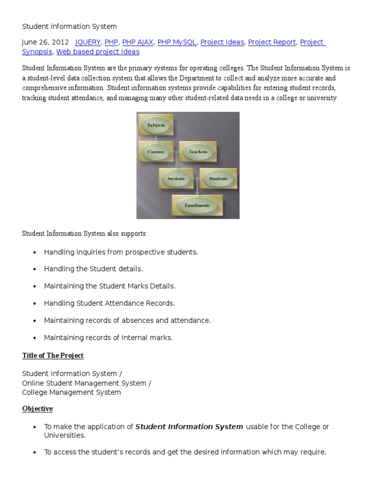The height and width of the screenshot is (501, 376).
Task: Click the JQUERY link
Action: click(88, 43)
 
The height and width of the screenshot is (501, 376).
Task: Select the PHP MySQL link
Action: click(177, 43)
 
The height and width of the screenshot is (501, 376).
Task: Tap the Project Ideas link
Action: click(222, 43)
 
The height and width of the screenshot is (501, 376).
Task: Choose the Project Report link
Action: click(272, 43)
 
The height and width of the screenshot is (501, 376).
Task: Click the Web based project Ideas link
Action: click(98, 52)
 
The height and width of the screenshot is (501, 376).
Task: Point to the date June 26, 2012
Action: click(45, 43)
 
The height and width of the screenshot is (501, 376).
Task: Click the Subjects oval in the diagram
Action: click(156, 125)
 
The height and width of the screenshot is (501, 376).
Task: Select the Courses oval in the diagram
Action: click(156, 152)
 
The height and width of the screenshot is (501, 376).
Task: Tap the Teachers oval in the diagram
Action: click(198, 152)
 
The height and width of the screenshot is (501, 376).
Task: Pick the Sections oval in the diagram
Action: click(176, 179)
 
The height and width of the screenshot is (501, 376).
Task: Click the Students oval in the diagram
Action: click(218, 179)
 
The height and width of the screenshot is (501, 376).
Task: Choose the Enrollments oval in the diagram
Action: click(197, 205)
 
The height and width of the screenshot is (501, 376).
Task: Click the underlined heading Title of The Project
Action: click(53, 355)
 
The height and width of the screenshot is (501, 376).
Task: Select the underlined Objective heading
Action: click(38, 408)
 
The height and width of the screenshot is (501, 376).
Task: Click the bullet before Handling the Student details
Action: click(34, 270)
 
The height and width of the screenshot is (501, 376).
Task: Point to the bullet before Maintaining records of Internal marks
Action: click(34, 338)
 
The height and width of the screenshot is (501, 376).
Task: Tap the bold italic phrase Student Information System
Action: click(189, 427)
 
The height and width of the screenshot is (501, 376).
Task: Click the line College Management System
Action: click(71, 392)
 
